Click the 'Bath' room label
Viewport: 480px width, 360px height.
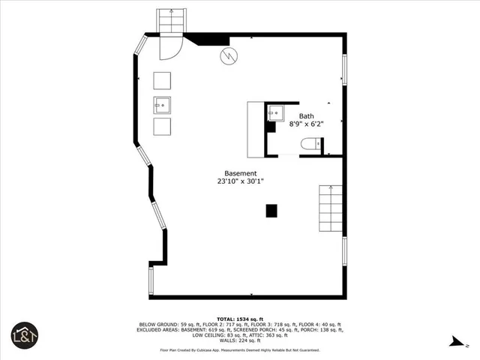tap(307, 116)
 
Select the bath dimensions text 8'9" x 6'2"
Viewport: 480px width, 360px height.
tap(307, 124)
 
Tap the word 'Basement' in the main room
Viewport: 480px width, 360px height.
tap(235, 173)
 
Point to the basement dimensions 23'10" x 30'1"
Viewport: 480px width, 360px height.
tap(235, 181)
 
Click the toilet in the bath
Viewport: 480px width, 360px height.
tap(310, 144)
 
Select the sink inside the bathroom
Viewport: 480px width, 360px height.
tap(275, 113)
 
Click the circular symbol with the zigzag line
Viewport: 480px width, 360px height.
tap(228, 55)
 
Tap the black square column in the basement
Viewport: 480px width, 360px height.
tap(271, 211)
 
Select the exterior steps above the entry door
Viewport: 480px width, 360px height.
tap(169, 21)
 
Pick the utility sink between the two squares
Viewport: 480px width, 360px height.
tap(163, 103)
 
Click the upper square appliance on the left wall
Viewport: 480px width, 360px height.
tap(163, 80)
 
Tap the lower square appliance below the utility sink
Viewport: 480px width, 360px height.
tap(163, 127)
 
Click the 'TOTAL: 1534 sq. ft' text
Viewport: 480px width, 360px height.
tap(239, 319)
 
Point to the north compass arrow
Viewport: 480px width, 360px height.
tap(454, 341)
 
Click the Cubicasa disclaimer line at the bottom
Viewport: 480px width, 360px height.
tap(239, 350)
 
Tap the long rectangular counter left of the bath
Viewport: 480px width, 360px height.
tap(256, 129)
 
